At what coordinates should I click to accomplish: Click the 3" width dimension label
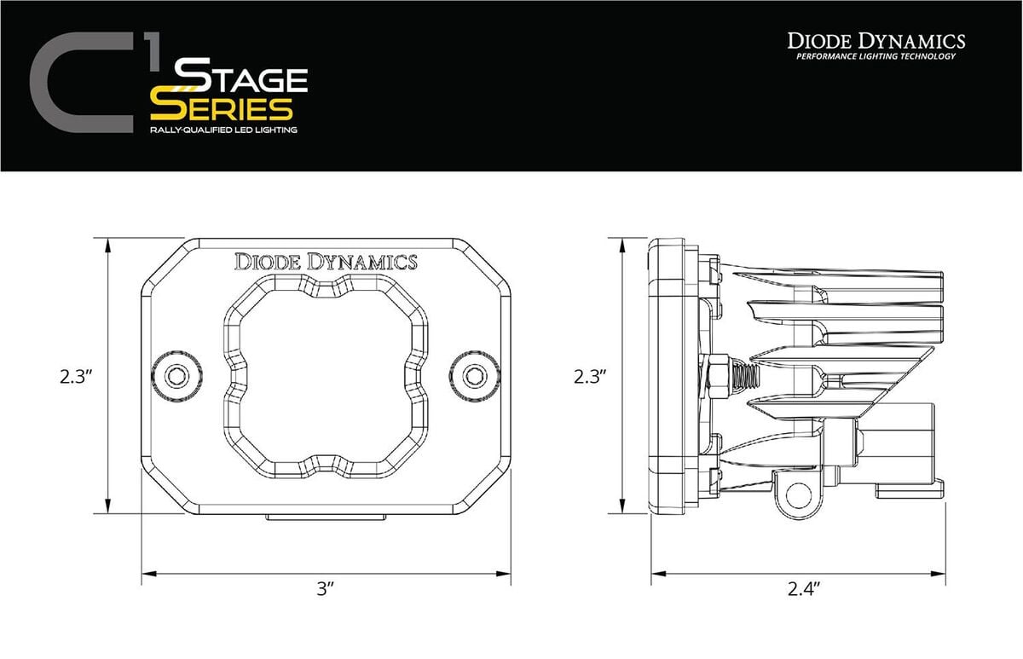coord(325,589)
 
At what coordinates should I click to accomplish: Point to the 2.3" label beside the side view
coord(589,376)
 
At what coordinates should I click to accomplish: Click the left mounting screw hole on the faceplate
coord(176,376)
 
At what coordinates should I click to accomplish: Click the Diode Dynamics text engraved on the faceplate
coord(326,262)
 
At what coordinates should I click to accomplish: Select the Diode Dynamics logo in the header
coord(876,40)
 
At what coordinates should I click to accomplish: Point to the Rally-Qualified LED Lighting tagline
coord(223,130)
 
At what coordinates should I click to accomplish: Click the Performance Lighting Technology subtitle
coord(876,57)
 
